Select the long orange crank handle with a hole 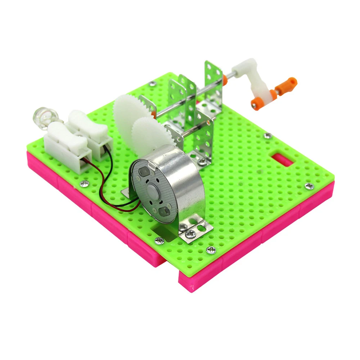point(286,86)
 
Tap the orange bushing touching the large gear point(154,115)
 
